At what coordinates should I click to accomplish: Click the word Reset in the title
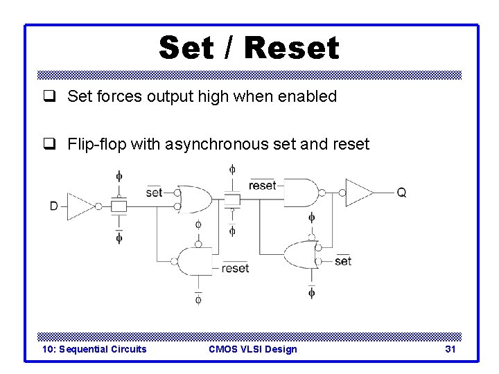click(x=291, y=47)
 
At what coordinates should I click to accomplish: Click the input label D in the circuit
click(x=53, y=206)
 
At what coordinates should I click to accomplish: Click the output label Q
click(x=401, y=192)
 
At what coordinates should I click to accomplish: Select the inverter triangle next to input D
click(x=81, y=206)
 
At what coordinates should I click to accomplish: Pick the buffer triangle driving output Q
click(x=358, y=192)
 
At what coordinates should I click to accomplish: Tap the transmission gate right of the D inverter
click(x=119, y=206)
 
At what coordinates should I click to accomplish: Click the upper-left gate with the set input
click(x=195, y=199)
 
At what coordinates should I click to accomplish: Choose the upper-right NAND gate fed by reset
click(x=301, y=192)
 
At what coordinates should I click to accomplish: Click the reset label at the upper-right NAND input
click(x=261, y=186)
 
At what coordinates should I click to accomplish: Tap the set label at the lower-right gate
click(x=342, y=261)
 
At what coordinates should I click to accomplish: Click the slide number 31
click(x=450, y=349)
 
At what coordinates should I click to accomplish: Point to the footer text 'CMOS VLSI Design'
click(x=252, y=349)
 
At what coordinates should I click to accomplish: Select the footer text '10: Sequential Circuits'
click(x=94, y=349)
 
